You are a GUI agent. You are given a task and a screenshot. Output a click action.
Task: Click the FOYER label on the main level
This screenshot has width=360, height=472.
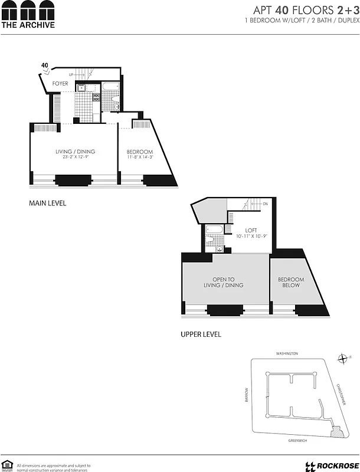60,84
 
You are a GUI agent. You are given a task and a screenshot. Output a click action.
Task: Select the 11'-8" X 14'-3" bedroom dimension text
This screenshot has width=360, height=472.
140,157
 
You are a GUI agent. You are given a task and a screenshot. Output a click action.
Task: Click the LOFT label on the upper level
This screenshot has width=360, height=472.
251,230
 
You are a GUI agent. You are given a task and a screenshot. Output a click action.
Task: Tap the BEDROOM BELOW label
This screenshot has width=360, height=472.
291,282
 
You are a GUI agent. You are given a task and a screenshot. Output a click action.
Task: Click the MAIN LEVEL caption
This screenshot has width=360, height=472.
48,204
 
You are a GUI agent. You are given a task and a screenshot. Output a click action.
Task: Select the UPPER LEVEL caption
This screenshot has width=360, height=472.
201,335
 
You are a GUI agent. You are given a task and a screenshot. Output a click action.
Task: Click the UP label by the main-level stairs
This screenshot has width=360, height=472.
71,75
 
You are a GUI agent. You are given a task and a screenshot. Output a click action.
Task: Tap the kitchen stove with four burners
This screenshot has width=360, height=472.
96,99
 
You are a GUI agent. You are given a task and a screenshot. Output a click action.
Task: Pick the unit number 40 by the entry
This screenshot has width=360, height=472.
45,65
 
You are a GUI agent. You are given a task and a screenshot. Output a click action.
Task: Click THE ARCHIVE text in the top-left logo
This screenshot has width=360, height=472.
28,25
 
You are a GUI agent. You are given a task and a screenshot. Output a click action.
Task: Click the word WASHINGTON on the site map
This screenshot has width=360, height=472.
287,353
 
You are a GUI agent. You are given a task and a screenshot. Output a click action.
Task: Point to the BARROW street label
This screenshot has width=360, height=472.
248,395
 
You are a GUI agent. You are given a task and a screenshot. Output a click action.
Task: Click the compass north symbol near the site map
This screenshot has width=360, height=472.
343,358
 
